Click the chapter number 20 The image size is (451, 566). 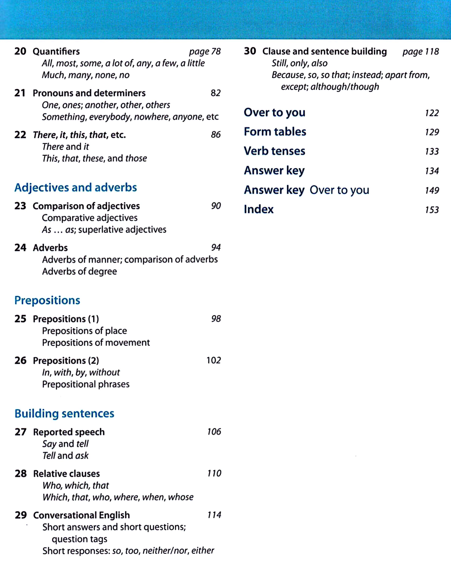click(x=20, y=51)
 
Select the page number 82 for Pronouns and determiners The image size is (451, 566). click(x=216, y=93)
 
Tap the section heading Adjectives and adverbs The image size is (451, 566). click(x=76, y=188)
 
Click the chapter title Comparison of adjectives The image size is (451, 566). click(x=86, y=206)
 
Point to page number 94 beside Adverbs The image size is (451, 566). click(x=216, y=247)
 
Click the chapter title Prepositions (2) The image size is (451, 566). click(x=66, y=360)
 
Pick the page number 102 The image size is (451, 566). click(x=213, y=360)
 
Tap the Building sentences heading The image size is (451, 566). click(x=64, y=414)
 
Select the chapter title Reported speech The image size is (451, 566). click(x=69, y=432)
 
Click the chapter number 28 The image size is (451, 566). click(x=21, y=473)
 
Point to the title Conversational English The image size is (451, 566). click(x=81, y=515)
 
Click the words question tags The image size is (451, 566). click(x=79, y=539)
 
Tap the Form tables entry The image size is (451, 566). click(x=275, y=132)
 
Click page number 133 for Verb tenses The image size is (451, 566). click(x=432, y=151)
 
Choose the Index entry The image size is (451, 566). click(x=258, y=209)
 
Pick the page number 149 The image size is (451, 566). click(x=432, y=190)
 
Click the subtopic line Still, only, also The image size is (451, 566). click(x=300, y=63)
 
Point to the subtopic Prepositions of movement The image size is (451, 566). click(x=96, y=343)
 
